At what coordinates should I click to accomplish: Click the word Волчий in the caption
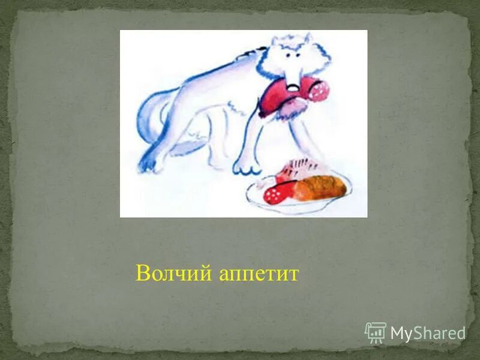[172, 273]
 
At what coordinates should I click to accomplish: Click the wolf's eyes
[293, 55]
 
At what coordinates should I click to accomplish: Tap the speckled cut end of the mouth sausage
[320, 91]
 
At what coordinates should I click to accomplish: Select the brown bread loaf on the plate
[319, 187]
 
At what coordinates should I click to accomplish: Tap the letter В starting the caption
[142, 273]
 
